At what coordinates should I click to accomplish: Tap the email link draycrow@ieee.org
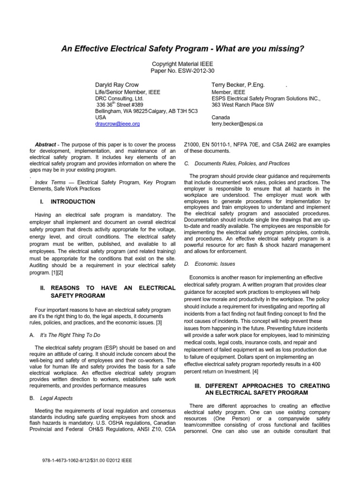pyautogui.click(x=117, y=124)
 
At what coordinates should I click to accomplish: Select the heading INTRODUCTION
pyautogui.click(x=73, y=202)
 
